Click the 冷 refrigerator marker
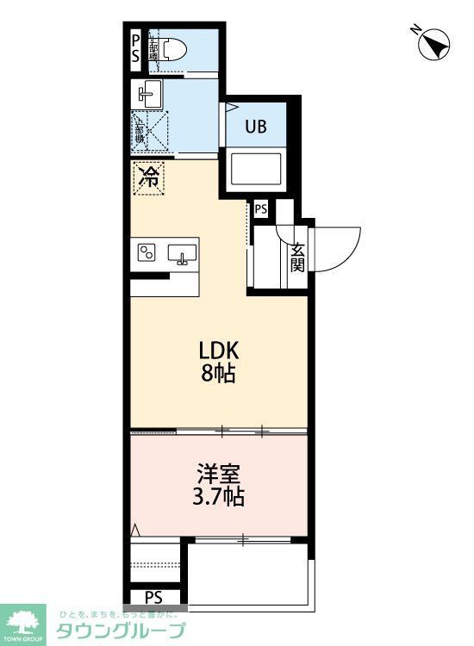(148, 178)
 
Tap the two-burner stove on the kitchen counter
(147, 252)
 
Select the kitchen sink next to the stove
(182, 253)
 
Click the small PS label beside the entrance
(260, 208)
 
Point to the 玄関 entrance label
(297, 256)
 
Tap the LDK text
(218, 351)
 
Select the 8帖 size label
(218, 375)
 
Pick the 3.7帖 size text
(218, 497)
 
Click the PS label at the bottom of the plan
(153, 597)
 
